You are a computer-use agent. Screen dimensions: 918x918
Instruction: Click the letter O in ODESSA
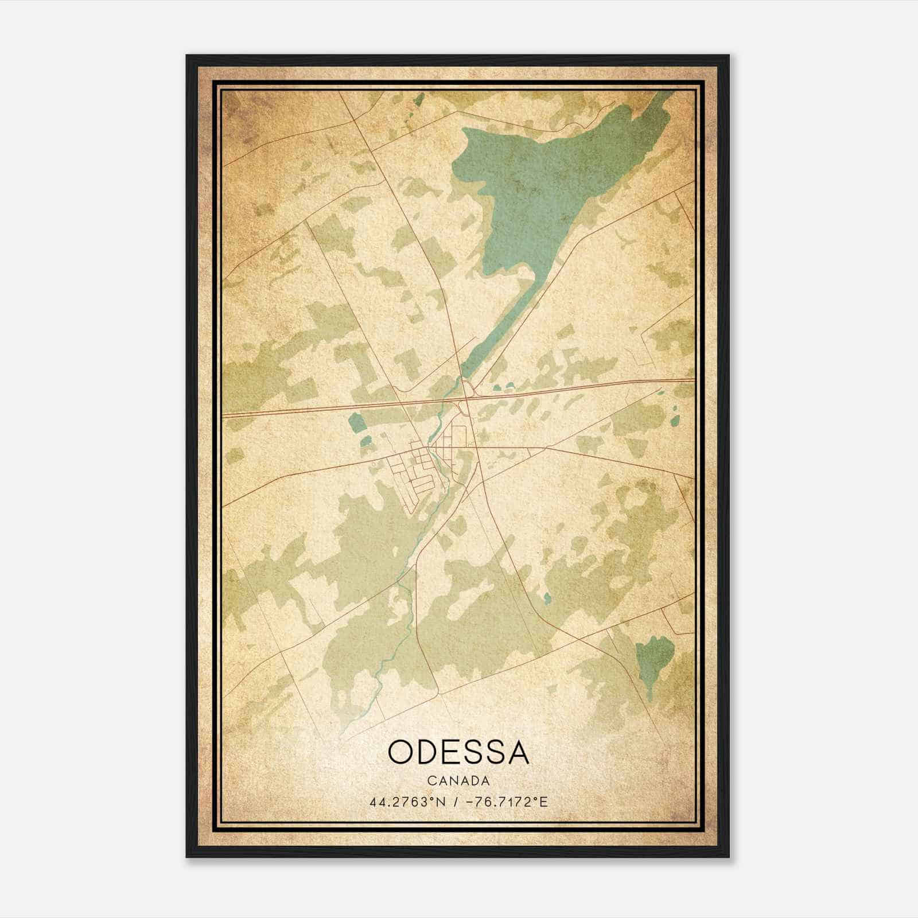[402, 752]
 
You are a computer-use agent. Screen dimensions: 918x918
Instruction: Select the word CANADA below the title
[458, 780]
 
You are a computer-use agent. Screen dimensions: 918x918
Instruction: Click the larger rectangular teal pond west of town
[356, 423]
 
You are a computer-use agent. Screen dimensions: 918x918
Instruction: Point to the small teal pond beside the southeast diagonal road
[547, 598]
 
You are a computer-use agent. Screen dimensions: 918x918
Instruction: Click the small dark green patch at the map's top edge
[419, 100]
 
